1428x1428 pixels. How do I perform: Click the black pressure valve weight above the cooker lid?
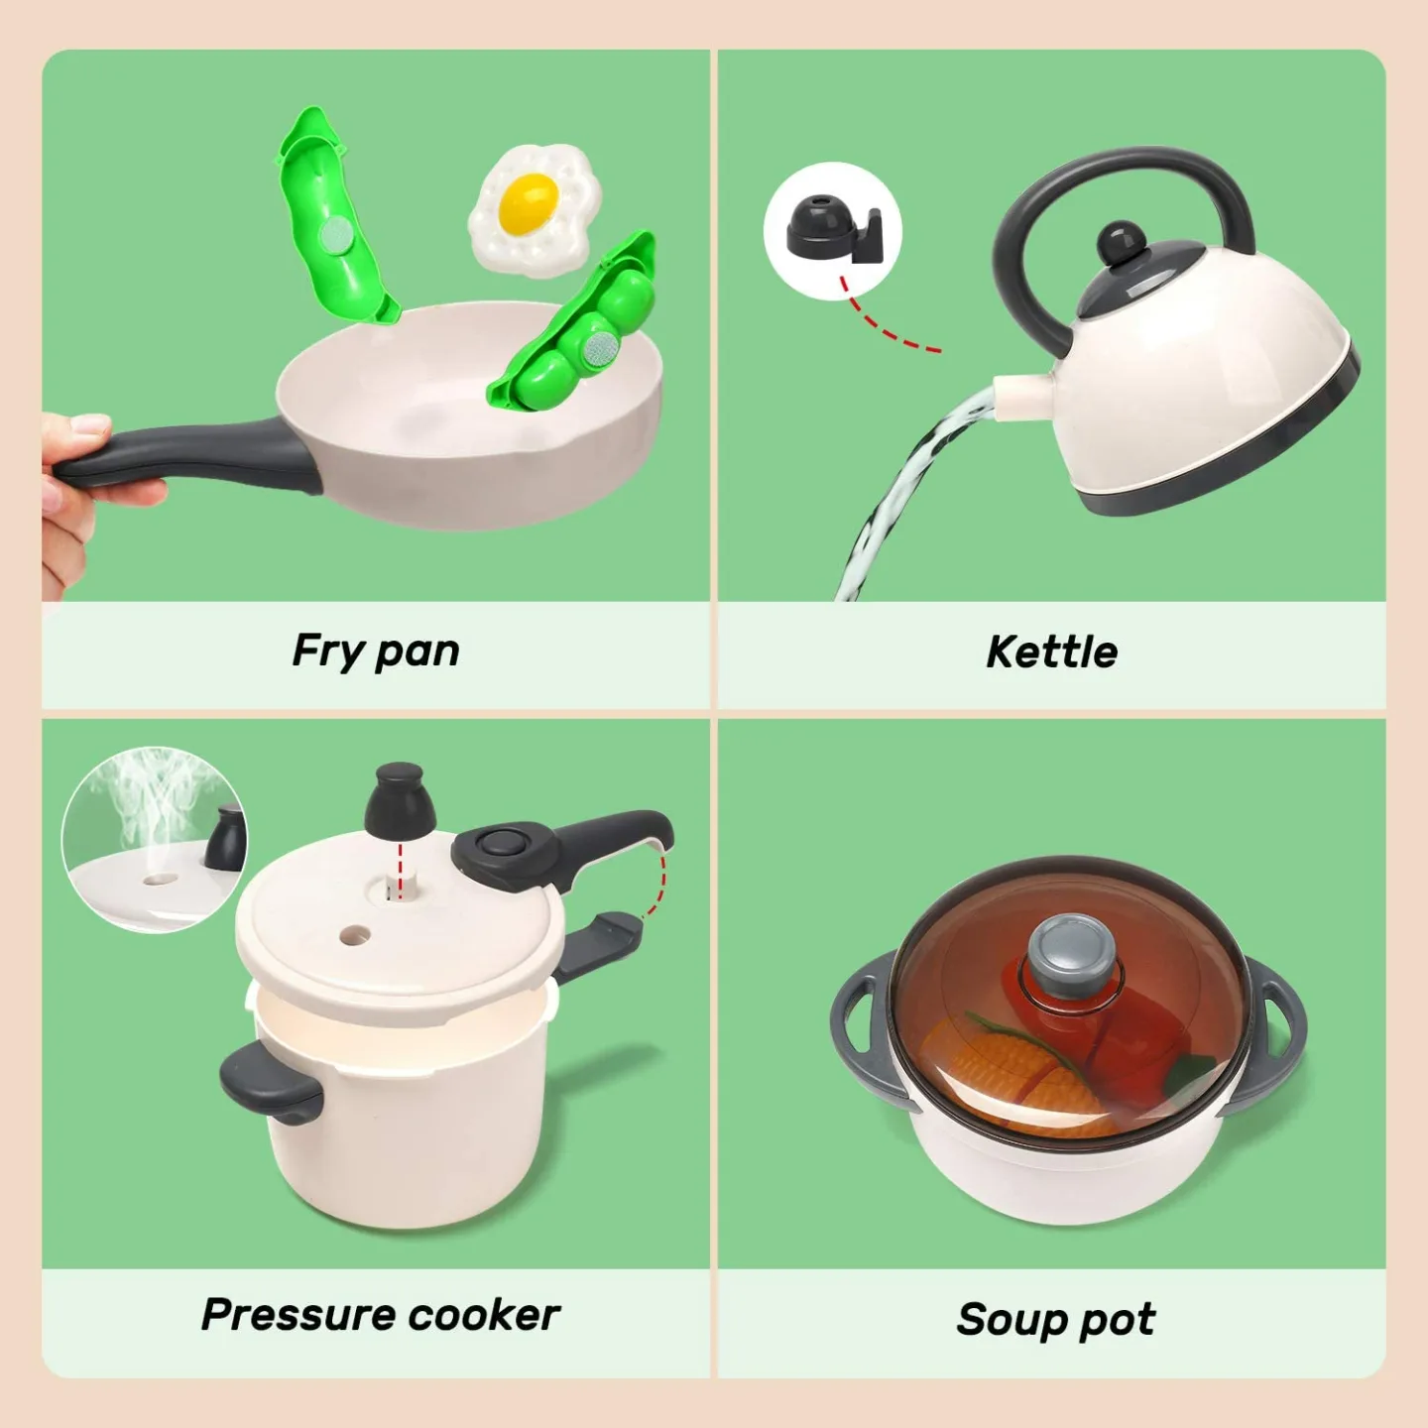coord(400,801)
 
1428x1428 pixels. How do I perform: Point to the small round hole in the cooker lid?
coord(354,934)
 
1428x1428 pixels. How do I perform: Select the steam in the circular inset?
coord(149,793)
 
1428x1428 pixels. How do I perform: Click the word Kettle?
coord(1051,653)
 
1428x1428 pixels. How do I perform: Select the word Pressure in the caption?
coord(298,1315)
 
